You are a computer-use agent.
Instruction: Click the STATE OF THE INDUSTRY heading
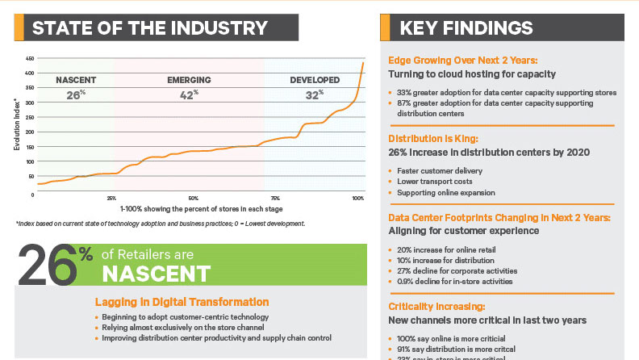click(x=148, y=28)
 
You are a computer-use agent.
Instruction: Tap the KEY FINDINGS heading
click(x=466, y=28)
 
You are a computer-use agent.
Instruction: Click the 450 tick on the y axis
click(x=29, y=59)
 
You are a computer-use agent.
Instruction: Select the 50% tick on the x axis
click(x=193, y=198)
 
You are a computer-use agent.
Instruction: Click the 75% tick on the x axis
click(x=276, y=198)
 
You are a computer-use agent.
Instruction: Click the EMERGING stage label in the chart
click(x=189, y=80)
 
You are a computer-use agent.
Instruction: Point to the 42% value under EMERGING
click(x=189, y=95)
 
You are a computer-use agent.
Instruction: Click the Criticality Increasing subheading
click(x=436, y=307)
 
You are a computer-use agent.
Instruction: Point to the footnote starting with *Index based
click(x=160, y=223)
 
